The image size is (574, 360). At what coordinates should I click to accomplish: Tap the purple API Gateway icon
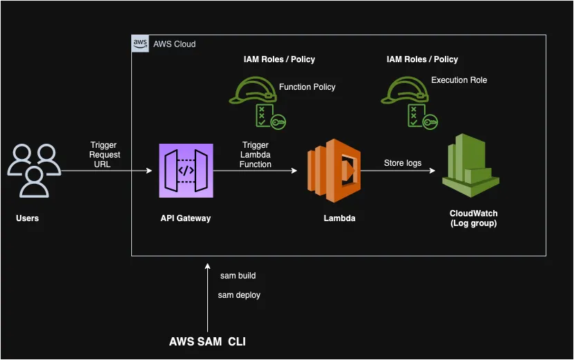click(185, 170)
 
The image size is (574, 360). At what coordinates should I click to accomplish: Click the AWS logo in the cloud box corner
click(140, 44)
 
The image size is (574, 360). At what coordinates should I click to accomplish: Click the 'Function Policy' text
click(307, 87)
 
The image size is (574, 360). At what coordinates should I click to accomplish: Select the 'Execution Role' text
click(459, 80)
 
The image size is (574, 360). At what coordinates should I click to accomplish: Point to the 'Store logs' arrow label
click(403, 163)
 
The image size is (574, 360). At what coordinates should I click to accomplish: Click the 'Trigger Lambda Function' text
click(255, 155)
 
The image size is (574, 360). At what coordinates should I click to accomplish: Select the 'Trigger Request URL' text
click(104, 155)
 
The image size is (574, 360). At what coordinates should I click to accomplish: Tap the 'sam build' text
click(238, 276)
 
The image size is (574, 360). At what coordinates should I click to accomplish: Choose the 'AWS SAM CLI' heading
click(207, 341)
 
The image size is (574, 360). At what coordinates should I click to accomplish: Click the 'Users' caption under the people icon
click(28, 218)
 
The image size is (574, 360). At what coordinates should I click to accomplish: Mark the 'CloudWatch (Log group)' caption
click(473, 218)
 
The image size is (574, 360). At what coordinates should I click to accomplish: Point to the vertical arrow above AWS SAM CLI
click(207, 297)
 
